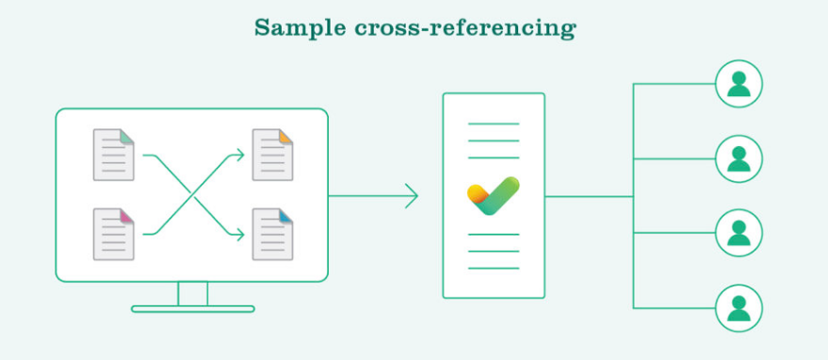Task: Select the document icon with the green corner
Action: (114, 155)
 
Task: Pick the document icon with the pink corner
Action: (114, 234)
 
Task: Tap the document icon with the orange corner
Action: (272, 155)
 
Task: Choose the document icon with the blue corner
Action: (272, 234)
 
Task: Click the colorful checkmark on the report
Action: (494, 195)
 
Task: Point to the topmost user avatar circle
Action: (739, 84)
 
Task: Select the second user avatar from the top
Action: (739, 158)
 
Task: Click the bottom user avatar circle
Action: (739, 307)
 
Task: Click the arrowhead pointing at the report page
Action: (412, 196)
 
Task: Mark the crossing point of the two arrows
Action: (193, 194)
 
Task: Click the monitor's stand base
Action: (192, 308)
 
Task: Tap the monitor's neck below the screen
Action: (192, 293)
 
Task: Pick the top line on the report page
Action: (494, 123)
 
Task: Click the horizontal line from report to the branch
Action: (589, 196)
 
